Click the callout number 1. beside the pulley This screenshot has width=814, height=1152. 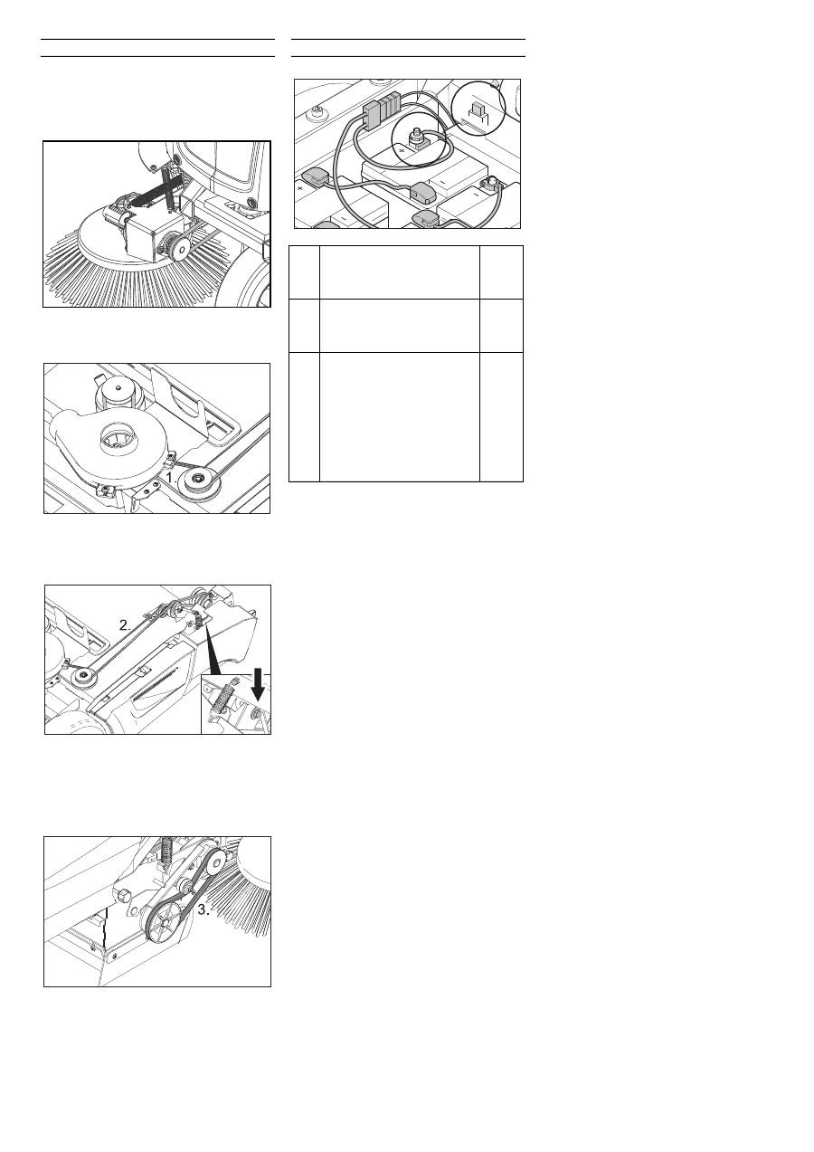[x=172, y=477]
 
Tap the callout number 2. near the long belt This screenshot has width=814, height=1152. [x=126, y=625]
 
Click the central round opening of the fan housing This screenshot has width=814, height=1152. [x=118, y=437]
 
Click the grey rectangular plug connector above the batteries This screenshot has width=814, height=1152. [x=381, y=107]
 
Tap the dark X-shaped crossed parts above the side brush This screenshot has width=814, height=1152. [x=157, y=188]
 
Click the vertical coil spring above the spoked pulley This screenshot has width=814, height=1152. [x=167, y=852]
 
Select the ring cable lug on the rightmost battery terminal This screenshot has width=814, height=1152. [x=487, y=182]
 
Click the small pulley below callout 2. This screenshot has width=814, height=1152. [x=81, y=677]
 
